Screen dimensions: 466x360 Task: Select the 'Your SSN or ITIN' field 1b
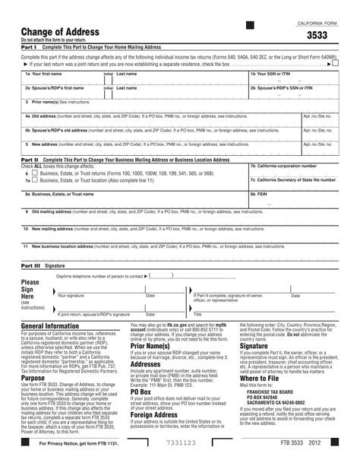click(x=292, y=78)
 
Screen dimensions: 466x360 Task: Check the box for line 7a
click(x=36, y=181)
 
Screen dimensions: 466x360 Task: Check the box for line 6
click(x=36, y=173)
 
